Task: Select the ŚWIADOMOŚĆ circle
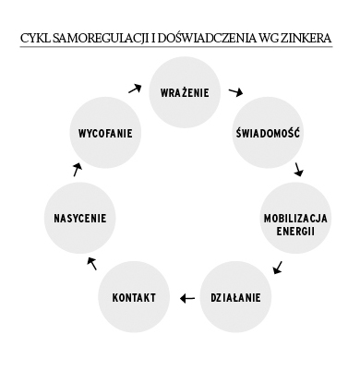point(268,133)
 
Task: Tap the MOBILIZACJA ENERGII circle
point(294,223)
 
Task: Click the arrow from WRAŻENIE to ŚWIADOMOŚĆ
point(236,92)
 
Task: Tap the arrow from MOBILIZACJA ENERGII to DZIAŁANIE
point(278,268)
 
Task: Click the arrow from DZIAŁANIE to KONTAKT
point(186,297)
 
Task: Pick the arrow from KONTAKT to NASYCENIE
point(90,263)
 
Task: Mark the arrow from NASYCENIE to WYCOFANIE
point(78,170)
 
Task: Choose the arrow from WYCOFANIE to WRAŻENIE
point(136,89)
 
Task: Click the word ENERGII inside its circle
point(295,231)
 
